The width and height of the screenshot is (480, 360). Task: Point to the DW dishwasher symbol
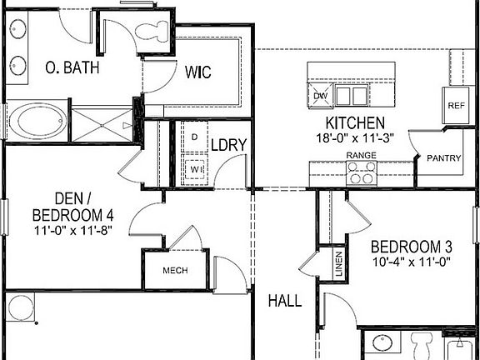(x=321, y=96)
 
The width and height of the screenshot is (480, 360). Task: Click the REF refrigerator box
(x=456, y=106)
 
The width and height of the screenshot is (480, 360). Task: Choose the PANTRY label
(x=444, y=157)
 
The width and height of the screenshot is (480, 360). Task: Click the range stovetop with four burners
(x=361, y=172)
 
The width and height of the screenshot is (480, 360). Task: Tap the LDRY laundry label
(x=227, y=145)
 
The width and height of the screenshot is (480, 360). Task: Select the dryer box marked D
(x=194, y=136)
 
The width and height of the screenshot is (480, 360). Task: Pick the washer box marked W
(x=195, y=167)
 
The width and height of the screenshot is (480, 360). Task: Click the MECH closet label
(x=173, y=271)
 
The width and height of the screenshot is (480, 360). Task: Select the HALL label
(x=284, y=301)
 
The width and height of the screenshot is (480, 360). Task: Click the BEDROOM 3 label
(x=412, y=247)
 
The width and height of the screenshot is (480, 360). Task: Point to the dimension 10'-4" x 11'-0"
(x=412, y=262)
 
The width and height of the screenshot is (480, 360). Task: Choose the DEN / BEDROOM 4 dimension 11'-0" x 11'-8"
(x=73, y=229)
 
